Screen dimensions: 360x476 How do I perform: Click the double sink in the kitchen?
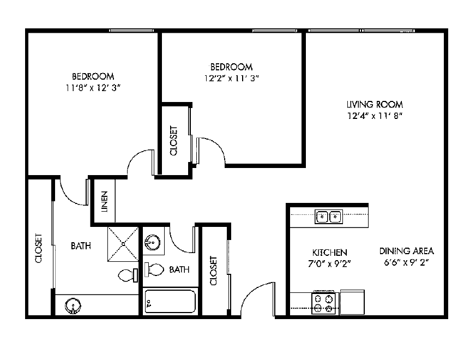point(328,217)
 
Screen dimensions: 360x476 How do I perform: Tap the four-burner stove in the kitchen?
point(324,303)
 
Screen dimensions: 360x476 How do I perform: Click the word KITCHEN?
point(329,253)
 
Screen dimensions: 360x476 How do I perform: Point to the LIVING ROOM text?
point(375,104)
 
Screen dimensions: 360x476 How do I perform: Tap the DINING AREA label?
point(406,251)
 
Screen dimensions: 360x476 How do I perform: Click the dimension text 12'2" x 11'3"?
point(231,78)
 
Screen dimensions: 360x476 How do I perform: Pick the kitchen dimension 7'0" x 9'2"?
point(329,263)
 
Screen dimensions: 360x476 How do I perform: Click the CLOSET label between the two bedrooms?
point(174,141)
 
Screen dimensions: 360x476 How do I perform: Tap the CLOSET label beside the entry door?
point(213,271)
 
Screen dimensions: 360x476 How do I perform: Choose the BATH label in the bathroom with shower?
point(81,246)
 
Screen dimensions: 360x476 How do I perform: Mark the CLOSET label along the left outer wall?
point(39,248)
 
